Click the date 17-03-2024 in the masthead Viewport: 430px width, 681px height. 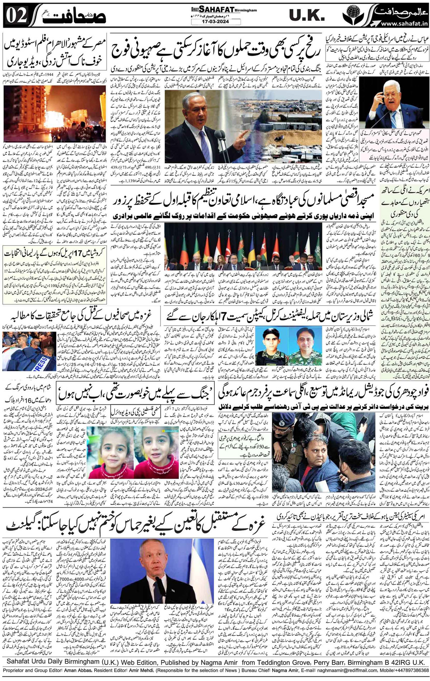[x=207, y=21]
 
